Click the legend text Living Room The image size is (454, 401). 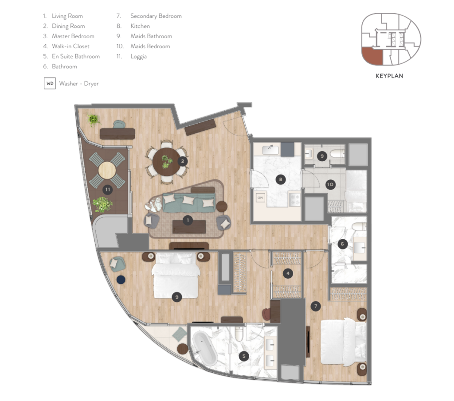[67, 16]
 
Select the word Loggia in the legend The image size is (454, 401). [138, 57]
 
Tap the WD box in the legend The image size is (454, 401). [50, 83]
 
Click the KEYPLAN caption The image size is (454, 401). [389, 76]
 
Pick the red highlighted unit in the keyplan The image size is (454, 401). [372, 56]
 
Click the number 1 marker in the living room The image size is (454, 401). [188, 220]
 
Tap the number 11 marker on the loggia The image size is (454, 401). [108, 190]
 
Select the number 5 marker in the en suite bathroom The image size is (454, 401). [244, 356]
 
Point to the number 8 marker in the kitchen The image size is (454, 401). [280, 179]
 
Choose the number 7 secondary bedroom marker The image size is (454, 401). [316, 306]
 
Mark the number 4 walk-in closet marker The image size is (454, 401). [288, 273]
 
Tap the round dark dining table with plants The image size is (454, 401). [167, 161]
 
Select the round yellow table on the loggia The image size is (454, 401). [107, 171]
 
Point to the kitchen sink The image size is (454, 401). [270, 150]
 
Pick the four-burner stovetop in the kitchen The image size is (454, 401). [294, 199]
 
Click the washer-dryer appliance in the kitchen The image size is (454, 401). [260, 198]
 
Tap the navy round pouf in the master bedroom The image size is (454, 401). [121, 280]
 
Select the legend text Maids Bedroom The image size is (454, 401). [150, 46]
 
